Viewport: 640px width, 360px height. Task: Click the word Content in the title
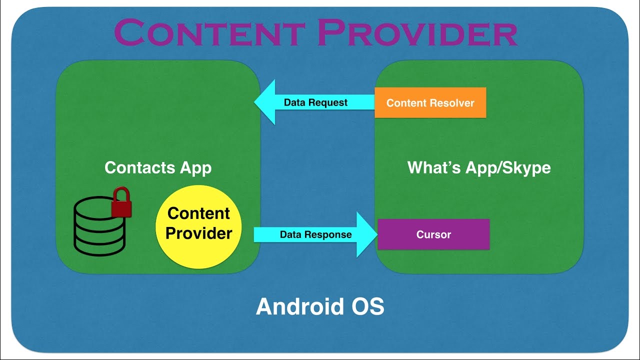209,33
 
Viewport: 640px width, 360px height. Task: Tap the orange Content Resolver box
430,103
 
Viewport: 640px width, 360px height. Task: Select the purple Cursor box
433,234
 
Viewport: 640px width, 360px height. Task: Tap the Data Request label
315,102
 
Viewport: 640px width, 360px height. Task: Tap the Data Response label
315,234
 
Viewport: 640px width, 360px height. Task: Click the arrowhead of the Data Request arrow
265,102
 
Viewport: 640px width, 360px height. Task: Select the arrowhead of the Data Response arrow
366,234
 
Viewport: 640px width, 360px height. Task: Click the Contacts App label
158,167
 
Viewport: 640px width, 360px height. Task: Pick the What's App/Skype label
479,167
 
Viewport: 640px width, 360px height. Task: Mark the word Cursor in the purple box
433,234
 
